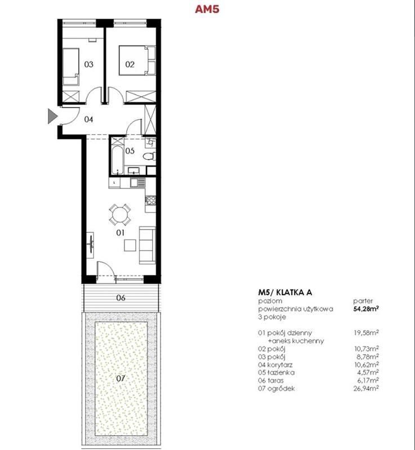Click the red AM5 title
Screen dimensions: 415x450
point(207,9)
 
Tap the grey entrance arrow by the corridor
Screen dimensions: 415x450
point(52,116)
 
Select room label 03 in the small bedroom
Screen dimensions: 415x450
point(89,64)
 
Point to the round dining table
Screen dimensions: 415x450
point(120,214)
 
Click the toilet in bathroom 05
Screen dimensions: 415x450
point(149,156)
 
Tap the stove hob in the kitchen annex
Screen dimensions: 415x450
point(150,200)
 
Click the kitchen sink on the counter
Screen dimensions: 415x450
point(137,182)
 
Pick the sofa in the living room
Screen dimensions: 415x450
point(148,245)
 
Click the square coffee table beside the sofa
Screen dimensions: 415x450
point(130,245)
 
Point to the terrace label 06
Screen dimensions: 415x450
point(121,298)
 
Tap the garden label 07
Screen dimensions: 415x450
point(121,379)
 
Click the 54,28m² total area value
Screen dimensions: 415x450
point(365,309)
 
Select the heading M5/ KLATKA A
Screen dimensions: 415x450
point(285,292)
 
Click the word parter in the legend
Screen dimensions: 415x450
point(363,301)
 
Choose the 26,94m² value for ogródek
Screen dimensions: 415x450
point(366,389)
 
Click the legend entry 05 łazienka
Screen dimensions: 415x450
point(276,372)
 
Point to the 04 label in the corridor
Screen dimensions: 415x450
point(88,119)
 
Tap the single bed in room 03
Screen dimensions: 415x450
point(70,66)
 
